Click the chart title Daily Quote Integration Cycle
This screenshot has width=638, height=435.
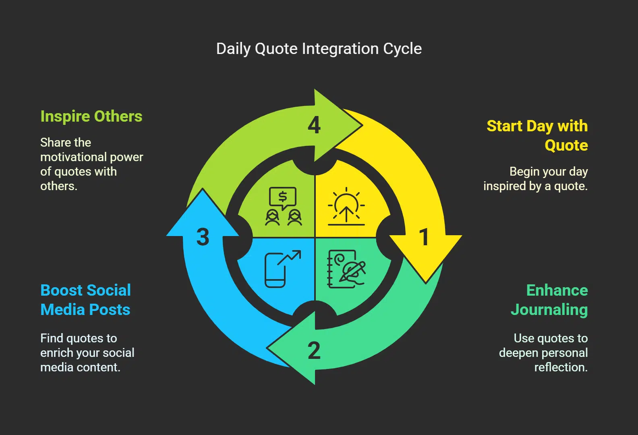pyautogui.click(x=319, y=49)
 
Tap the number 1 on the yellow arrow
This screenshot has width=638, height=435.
pyautogui.click(x=424, y=237)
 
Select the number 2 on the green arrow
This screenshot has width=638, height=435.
pyautogui.click(x=314, y=350)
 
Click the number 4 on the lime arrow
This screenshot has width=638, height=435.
pyautogui.click(x=314, y=125)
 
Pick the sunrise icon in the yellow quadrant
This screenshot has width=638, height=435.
pyautogui.click(x=346, y=206)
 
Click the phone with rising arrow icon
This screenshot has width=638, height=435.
pyautogui.click(x=282, y=269)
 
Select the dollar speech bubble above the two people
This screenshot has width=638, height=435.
pyautogui.click(x=283, y=197)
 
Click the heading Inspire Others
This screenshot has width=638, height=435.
pyautogui.click(x=91, y=116)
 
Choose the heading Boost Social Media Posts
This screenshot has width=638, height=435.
pyautogui.click(x=85, y=300)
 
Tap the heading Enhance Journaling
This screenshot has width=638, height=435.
pyautogui.click(x=549, y=300)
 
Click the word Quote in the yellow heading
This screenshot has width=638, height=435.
pyautogui.click(x=566, y=145)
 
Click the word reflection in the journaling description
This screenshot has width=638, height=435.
pyautogui.click(x=561, y=367)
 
